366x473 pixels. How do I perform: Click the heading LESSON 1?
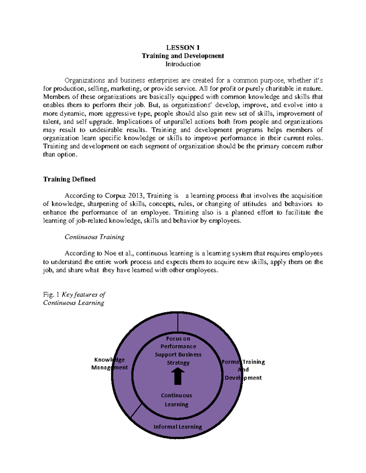183,48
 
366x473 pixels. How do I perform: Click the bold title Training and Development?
183,56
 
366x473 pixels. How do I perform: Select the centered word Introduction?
183,64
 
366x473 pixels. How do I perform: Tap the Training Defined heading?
69,179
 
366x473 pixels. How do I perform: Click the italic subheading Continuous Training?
94,237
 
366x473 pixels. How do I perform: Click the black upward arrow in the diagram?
178,376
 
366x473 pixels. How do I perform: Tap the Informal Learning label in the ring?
178,427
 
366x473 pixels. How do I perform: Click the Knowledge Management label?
109,363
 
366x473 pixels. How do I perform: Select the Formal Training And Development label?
243,370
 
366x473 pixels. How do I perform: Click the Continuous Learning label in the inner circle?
177,400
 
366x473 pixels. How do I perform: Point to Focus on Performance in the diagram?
178,342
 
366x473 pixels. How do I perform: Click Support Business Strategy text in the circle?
178,358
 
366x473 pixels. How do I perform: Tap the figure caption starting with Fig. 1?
74,298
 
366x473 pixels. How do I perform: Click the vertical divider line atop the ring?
178,323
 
